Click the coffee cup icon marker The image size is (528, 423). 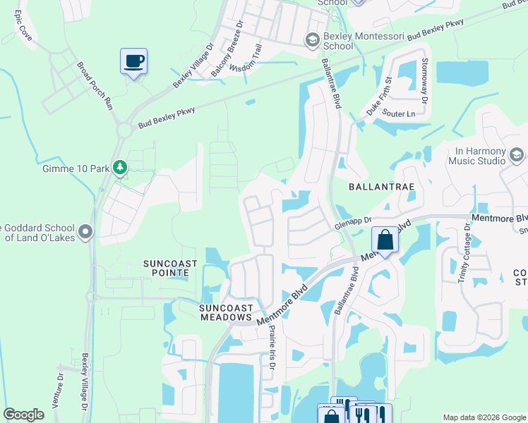click(133, 61)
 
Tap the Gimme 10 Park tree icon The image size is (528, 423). click(121, 167)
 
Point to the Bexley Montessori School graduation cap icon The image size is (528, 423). click(311, 40)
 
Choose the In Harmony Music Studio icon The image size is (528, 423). click(516, 155)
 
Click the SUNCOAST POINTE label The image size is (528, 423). click(166, 268)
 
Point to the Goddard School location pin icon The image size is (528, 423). click(86, 231)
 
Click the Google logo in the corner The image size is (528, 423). click(24, 415)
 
